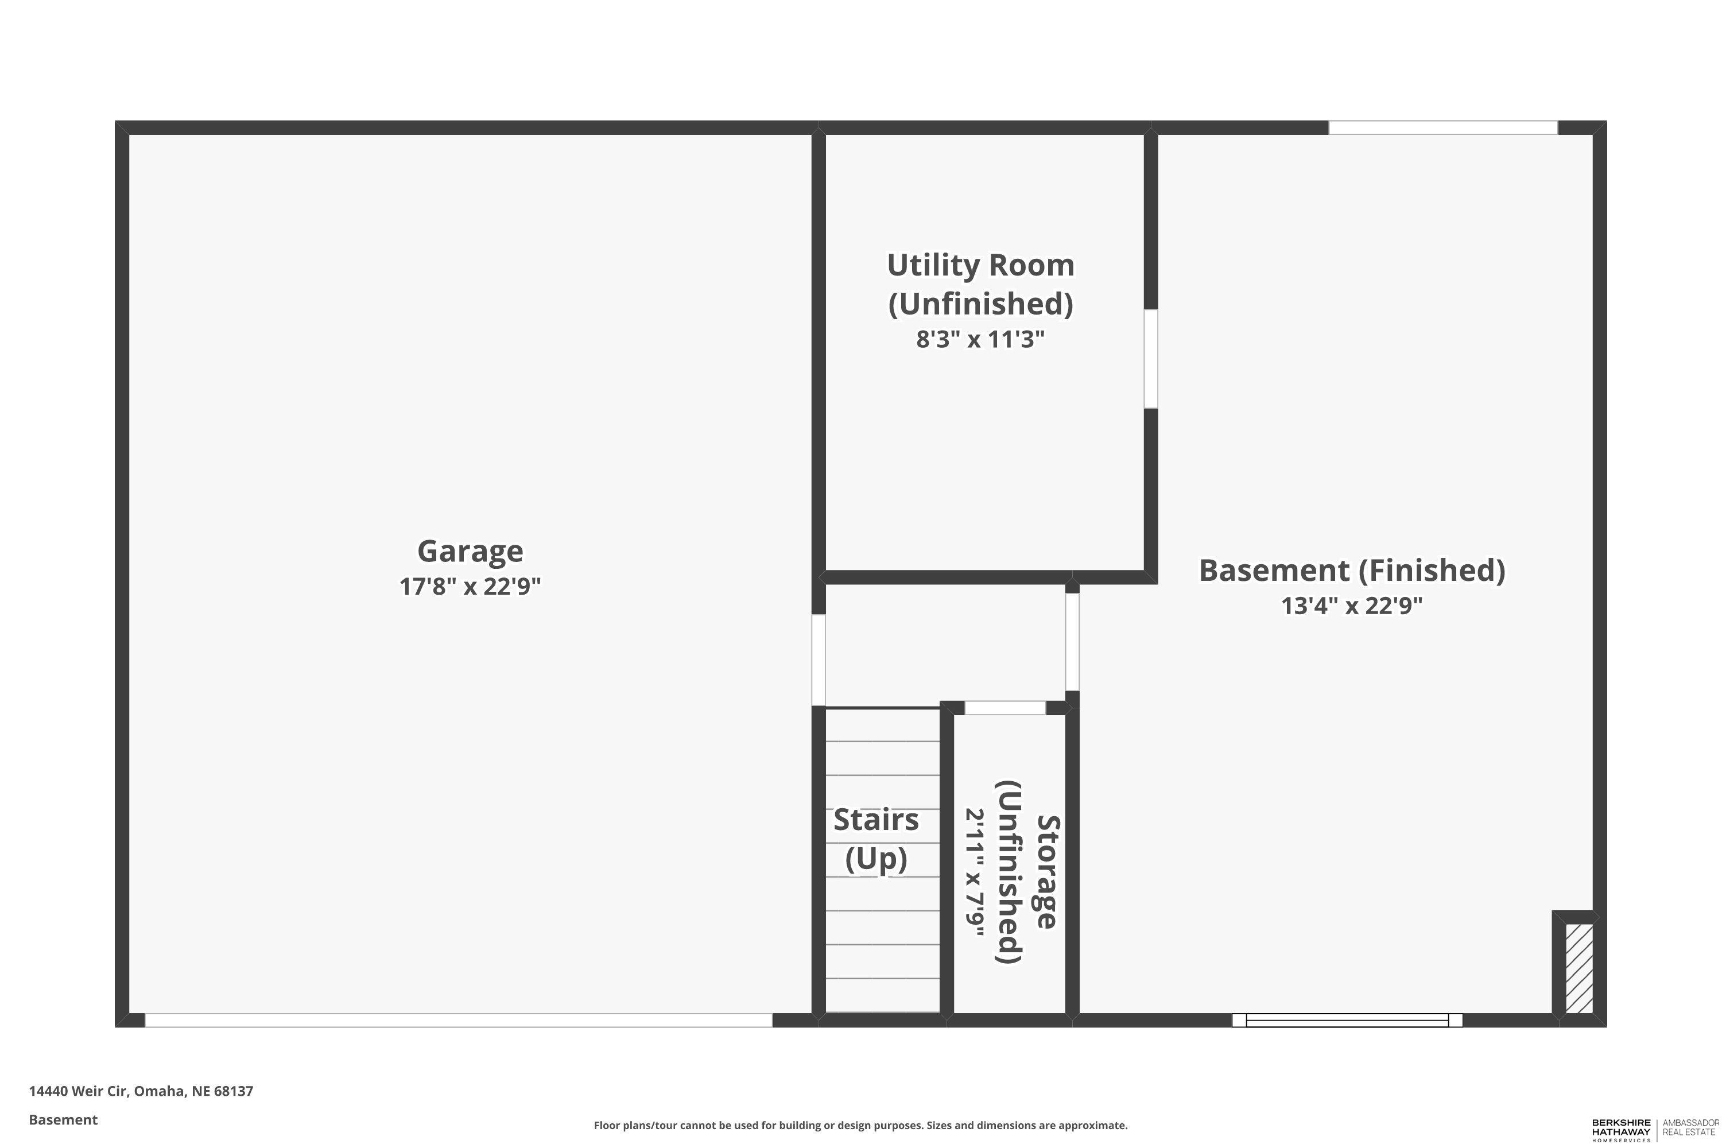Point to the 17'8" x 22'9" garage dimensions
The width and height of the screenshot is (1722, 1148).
point(470,587)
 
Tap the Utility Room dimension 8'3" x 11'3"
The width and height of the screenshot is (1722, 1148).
point(980,340)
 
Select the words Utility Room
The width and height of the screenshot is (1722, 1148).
point(980,265)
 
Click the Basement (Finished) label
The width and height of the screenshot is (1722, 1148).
point(1352,571)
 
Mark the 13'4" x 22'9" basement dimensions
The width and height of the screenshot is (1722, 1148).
point(1352,606)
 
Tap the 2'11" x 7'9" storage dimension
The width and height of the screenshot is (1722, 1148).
point(975,872)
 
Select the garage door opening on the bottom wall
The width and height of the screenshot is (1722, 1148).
point(458,1021)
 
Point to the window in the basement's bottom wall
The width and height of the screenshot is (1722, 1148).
point(1347,1021)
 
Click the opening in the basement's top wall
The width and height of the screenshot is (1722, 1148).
point(1443,127)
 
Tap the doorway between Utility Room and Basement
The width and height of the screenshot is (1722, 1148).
point(1151,359)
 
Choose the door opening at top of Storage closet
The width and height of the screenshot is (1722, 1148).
point(1005,708)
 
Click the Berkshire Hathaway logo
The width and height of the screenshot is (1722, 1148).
point(1621,1130)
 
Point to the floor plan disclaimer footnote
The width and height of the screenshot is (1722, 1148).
point(860,1125)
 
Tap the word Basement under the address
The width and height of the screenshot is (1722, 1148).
point(63,1119)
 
